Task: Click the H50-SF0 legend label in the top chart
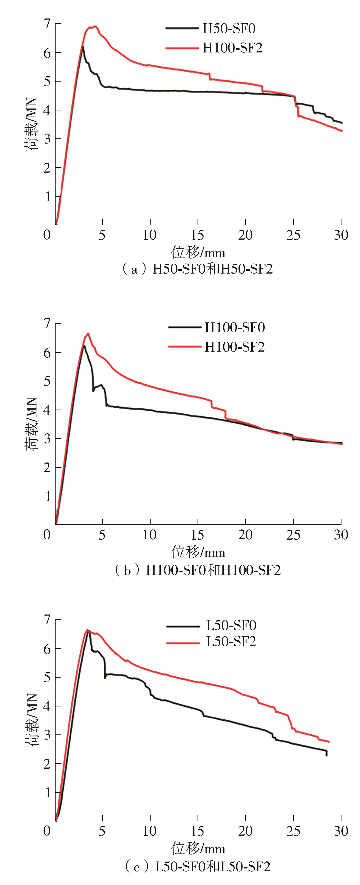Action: [229, 28]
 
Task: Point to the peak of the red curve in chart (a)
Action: [95, 26]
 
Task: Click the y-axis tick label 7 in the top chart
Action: [47, 24]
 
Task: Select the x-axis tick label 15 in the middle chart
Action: [198, 535]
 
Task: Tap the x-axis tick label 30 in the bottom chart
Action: [341, 831]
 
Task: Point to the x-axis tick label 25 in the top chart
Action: [293, 235]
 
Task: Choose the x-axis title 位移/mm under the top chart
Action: [198, 253]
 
